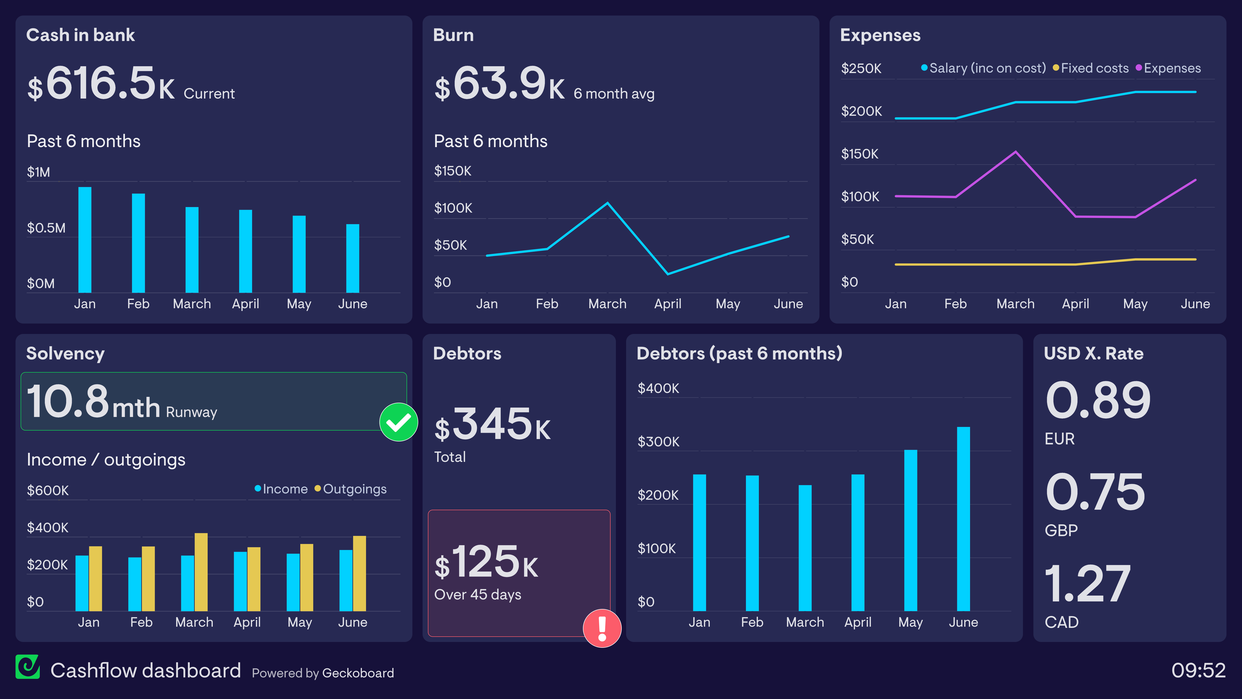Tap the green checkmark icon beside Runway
(x=398, y=422)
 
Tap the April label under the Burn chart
(x=667, y=304)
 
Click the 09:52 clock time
(x=1198, y=670)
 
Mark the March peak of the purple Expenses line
(x=1015, y=152)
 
